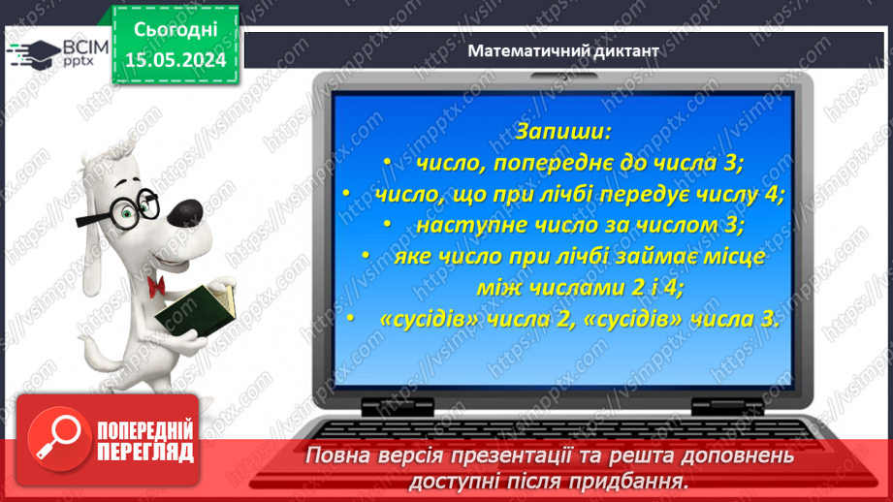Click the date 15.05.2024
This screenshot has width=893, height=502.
[x=175, y=60]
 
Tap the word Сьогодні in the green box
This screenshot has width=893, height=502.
[x=175, y=31]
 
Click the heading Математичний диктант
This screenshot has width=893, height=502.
[x=562, y=51]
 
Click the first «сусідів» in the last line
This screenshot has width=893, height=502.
[x=412, y=319]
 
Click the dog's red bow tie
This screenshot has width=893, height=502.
[x=155, y=283]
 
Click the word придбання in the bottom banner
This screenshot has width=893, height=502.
[x=630, y=481]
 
